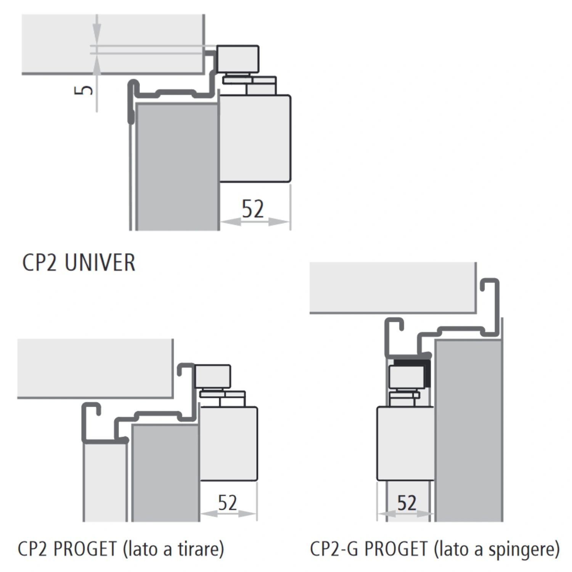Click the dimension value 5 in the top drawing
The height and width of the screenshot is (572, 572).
click(84, 90)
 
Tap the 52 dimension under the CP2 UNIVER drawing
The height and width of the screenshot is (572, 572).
click(253, 209)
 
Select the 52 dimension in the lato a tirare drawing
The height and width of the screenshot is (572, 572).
click(228, 502)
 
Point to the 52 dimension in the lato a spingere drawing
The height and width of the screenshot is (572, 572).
click(407, 503)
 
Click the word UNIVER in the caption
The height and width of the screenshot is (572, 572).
click(100, 262)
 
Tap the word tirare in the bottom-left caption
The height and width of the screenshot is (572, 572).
click(199, 549)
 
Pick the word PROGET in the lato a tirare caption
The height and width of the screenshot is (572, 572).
click(85, 549)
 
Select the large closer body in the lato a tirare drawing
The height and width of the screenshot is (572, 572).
click(228, 443)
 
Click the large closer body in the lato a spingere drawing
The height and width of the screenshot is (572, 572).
click(405, 443)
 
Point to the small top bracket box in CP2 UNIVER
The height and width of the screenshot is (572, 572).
click(238, 59)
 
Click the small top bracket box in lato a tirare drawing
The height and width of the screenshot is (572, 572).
click(212, 377)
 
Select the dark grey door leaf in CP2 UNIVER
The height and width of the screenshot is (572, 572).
click(177, 166)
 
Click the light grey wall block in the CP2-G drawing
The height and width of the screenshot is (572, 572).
click(393, 288)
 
